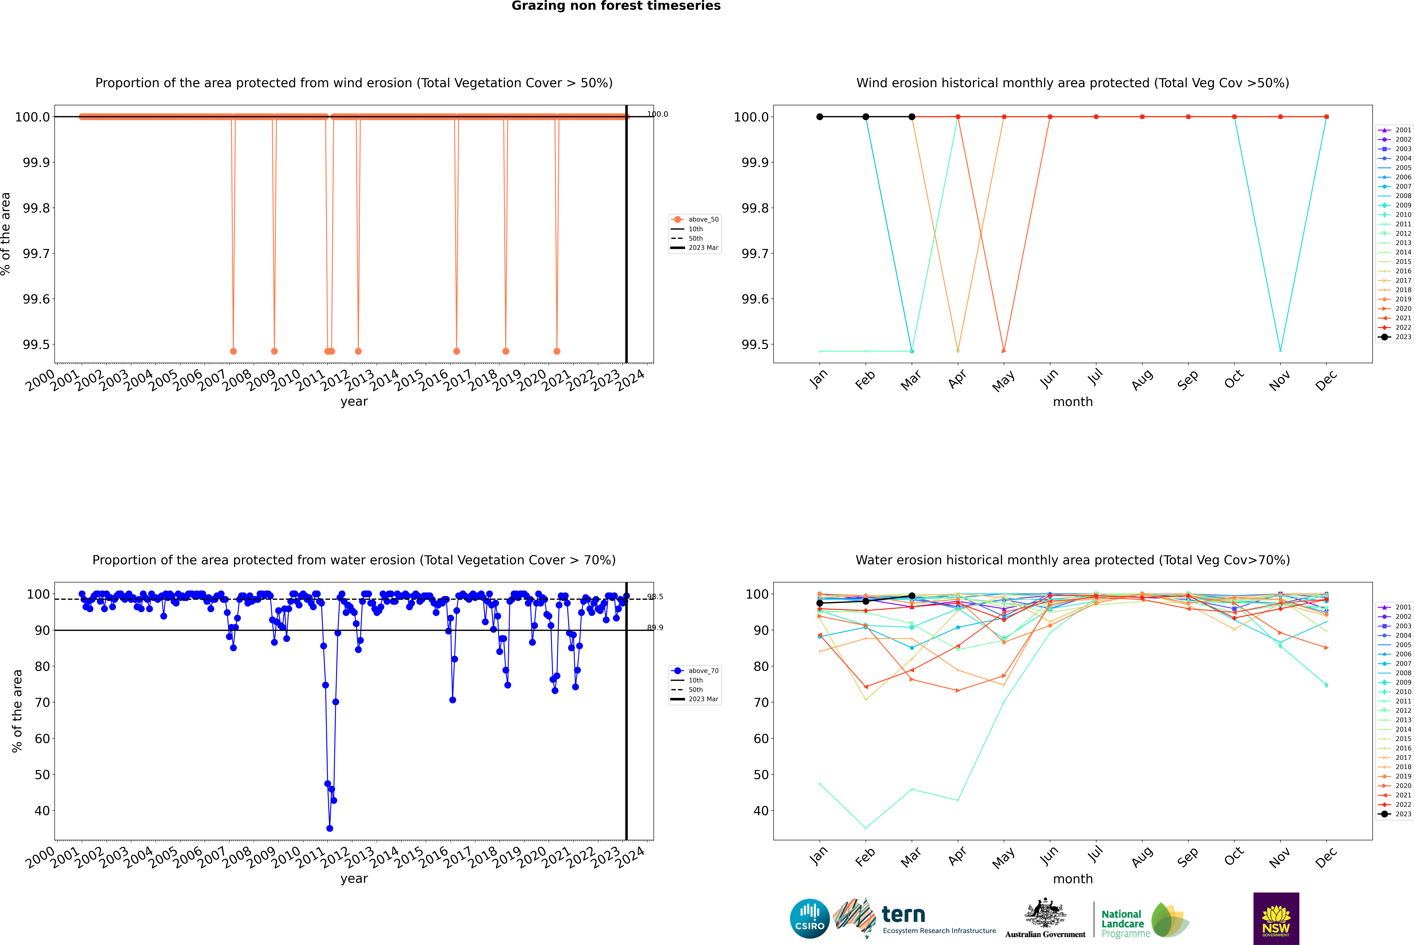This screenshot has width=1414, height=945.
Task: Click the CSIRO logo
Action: (810, 919)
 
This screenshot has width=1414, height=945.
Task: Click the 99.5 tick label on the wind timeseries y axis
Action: (36, 345)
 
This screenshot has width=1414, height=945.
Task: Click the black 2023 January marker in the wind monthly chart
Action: (820, 117)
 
